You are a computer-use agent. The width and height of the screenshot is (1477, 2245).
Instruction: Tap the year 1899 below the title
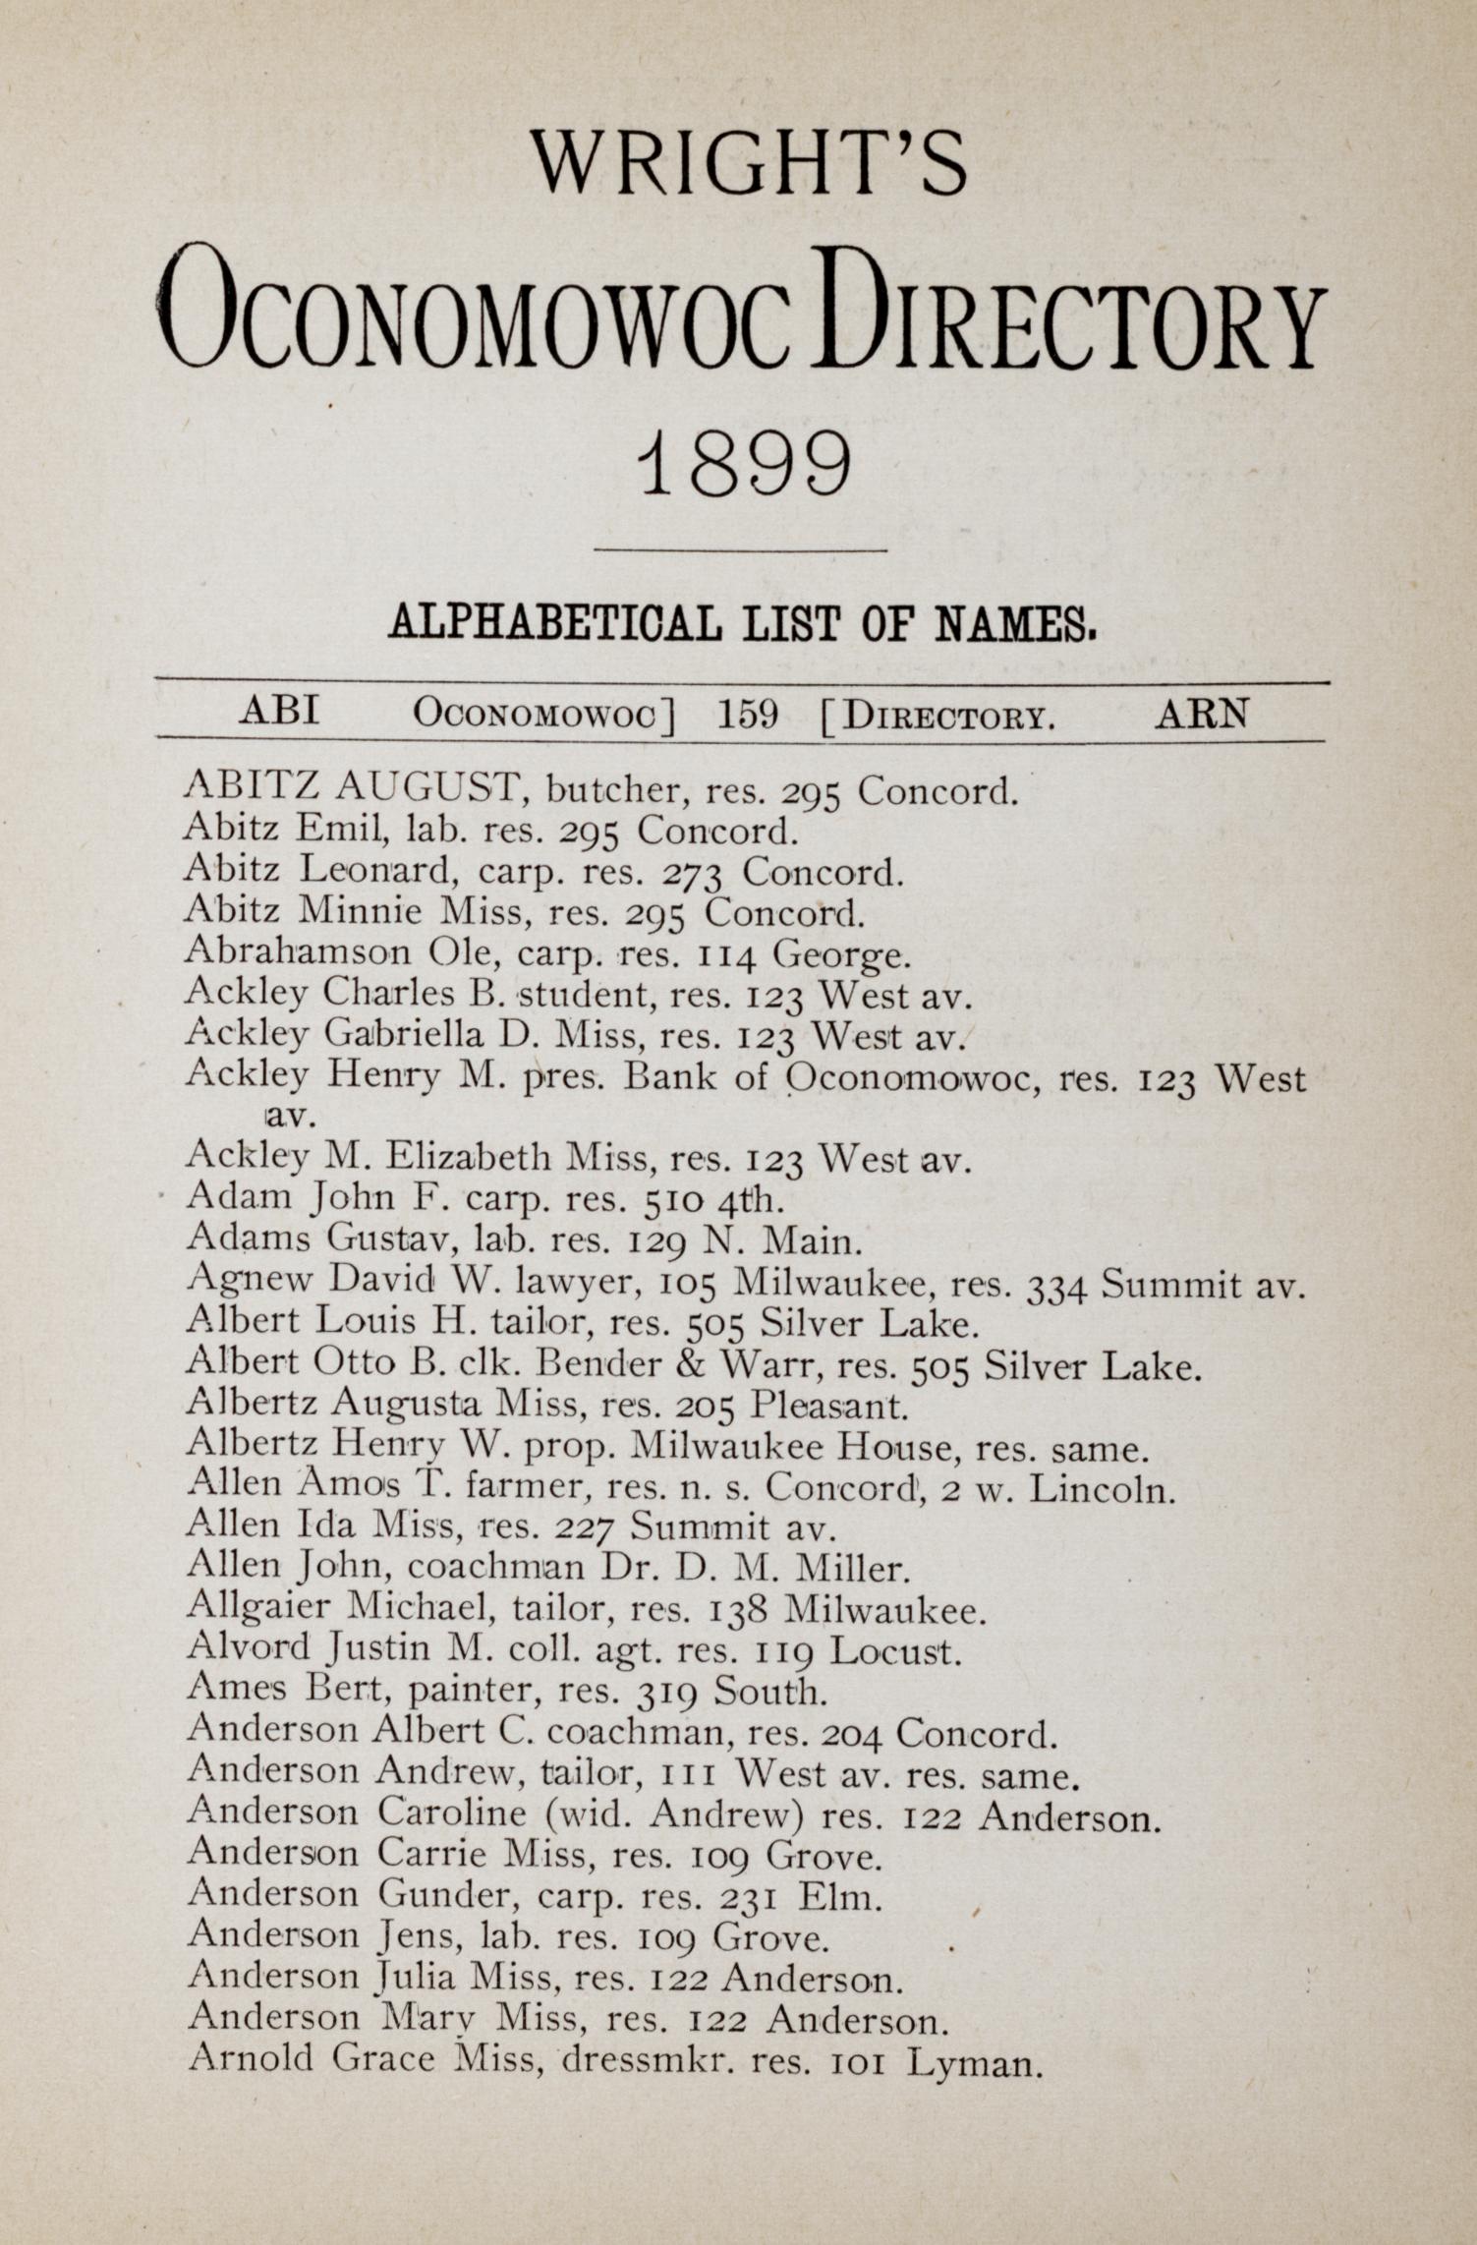click(x=744, y=465)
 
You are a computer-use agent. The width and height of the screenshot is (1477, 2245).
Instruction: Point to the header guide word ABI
click(x=280, y=711)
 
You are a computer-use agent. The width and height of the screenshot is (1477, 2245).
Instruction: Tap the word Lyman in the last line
click(x=972, y=2062)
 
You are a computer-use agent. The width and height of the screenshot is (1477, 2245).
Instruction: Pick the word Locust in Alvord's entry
click(x=892, y=1650)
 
